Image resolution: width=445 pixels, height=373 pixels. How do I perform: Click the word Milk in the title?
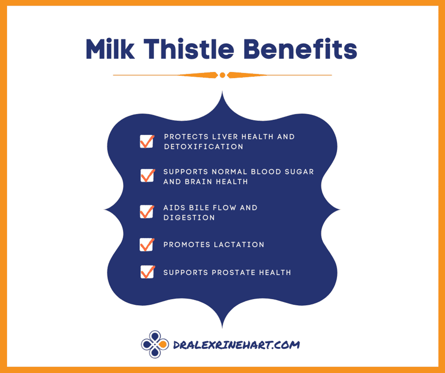[110, 49]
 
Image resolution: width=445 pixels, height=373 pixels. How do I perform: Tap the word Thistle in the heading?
[189, 49]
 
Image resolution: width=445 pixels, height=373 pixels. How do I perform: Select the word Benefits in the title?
[300, 49]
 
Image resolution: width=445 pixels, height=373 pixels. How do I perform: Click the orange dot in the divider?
[223, 75]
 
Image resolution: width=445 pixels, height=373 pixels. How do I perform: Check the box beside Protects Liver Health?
[147, 141]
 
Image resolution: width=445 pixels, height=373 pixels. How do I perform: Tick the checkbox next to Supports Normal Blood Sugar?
[147, 175]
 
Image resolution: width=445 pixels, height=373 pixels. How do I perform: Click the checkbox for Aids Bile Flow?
[147, 212]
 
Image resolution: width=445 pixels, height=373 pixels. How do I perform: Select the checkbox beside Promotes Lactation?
[147, 245]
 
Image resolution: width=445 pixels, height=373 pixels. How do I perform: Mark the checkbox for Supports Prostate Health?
[147, 272]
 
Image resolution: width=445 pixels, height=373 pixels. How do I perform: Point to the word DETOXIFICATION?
[203, 147]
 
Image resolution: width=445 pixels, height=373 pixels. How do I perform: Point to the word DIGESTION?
[189, 218]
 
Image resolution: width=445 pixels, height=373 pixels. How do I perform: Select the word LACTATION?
[239, 245]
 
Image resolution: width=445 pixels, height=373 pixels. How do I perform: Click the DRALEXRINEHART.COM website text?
[236, 345]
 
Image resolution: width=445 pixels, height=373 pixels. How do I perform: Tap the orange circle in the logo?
[163, 345]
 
